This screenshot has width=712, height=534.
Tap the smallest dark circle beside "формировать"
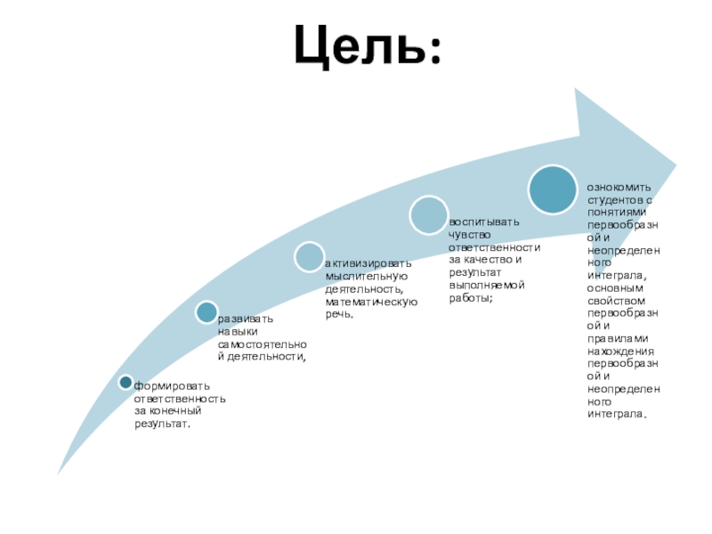(x=125, y=383)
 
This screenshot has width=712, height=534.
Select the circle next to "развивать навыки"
(x=206, y=311)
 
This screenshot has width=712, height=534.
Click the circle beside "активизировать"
(x=309, y=257)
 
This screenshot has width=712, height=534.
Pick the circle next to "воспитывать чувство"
(x=428, y=215)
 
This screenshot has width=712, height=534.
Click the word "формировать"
(x=172, y=386)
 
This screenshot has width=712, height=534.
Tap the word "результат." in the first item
(x=163, y=424)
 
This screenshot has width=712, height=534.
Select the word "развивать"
(x=246, y=319)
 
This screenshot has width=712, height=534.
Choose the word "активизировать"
(x=368, y=264)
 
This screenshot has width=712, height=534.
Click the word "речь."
(x=339, y=314)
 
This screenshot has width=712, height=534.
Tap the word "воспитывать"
(x=483, y=221)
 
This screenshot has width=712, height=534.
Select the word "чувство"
(x=469, y=233)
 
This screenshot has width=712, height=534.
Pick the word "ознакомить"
(x=619, y=188)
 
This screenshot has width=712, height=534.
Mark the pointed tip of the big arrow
(x=676, y=164)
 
